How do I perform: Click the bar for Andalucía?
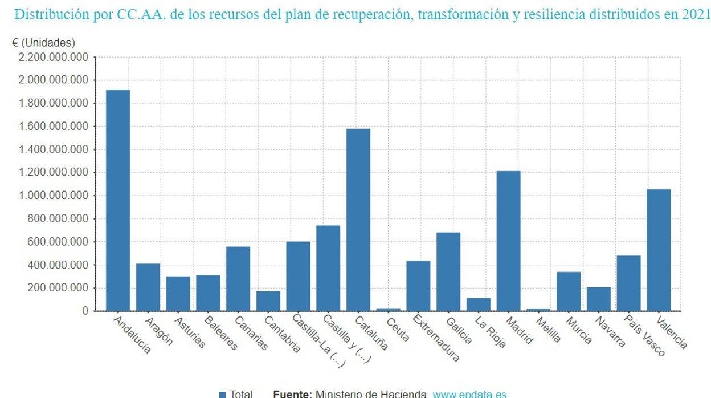(118, 200)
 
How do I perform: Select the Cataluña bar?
(358, 220)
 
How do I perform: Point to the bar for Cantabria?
(268, 300)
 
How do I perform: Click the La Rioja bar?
(479, 304)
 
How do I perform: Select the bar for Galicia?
(448, 271)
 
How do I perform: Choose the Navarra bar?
(598, 299)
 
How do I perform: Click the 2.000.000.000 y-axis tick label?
(54, 80)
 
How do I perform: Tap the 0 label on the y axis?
(85, 311)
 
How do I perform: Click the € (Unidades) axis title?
(43, 43)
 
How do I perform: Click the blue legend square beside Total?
(223, 394)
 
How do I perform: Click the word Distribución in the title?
(51, 14)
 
